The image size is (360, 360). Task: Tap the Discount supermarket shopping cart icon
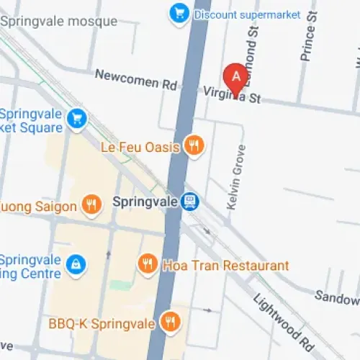[x=178, y=13]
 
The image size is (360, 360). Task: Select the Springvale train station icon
[x=191, y=202]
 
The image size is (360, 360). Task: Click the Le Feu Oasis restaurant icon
[x=194, y=146]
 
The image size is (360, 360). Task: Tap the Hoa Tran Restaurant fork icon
[x=148, y=265]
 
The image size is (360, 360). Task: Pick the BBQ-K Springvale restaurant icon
[x=170, y=322]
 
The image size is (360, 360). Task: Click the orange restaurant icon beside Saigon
[x=90, y=206]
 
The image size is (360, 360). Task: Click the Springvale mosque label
[x=59, y=21]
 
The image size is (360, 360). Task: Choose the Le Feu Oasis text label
[x=140, y=147]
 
